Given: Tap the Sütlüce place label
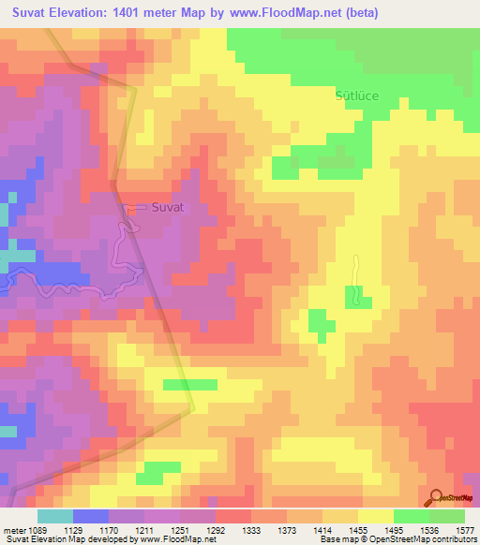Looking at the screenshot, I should (357, 96).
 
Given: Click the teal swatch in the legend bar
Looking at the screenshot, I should (55, 516).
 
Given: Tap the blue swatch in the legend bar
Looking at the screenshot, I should (91, 516).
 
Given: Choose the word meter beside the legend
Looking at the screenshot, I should (14, 530).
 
